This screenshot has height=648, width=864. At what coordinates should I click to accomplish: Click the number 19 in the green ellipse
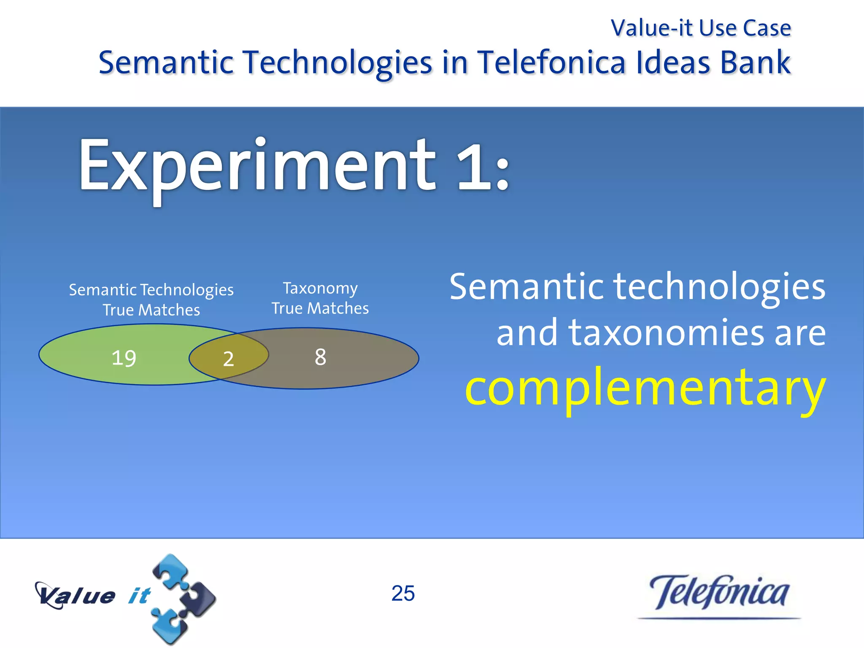pyautogui.click(x=124, y=358)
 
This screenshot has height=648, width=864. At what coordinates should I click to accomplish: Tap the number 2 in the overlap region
pyautogui.click(x=228, y=359)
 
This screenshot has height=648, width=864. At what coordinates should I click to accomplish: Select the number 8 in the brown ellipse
pyautogui.click(x=320, y=357)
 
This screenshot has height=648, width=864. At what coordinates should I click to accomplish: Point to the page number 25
pyautogui.click(x=403, y=593)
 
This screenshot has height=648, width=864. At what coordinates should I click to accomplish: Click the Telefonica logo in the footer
pyautogui.click(x=719, y=593)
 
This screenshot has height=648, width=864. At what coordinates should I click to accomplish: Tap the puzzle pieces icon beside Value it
pyautogui.click(x=183, y=599)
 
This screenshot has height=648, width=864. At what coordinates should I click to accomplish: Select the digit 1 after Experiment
pyautogui.click(x=472, y=167)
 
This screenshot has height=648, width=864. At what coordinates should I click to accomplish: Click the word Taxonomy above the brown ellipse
pyautogui.click(x=320, y=288)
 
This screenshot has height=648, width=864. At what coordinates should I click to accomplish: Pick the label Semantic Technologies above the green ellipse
pyautogui.click(x=151, y=290)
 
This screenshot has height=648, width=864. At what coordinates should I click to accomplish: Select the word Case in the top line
pyautogui.click(x=767, y=28)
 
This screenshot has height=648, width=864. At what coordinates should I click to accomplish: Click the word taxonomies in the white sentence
pyautogui.click(x=667, y=333)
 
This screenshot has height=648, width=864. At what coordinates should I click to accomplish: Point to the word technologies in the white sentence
pyautogui.click(x=719, y=287)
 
